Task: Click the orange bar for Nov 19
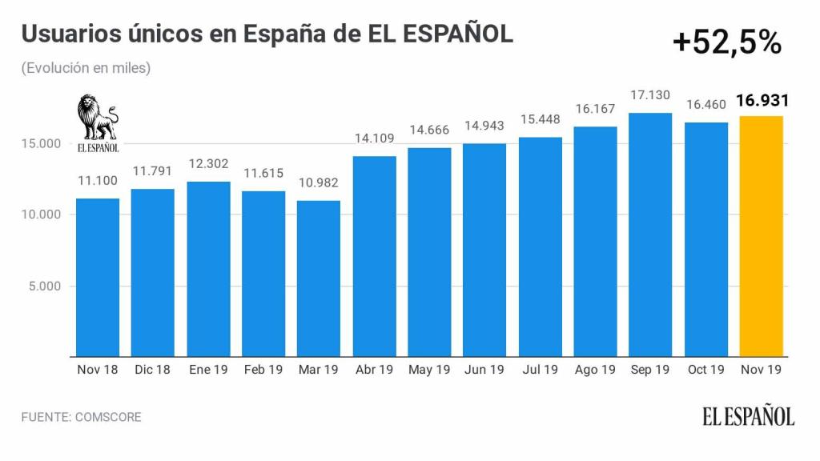(x=762, y=236)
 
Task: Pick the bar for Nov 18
(x=98, y=277)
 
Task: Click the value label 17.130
(x=650, y=94)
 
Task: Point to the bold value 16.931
(x=762, y=102)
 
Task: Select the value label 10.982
(x=319, y=182)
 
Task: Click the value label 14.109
(x=375, y=138)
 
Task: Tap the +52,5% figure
(x=727, y=43)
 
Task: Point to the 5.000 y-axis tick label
(x=44, y=286)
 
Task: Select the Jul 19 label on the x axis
(x=540, y=370)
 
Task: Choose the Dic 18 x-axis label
(x=153, y=370)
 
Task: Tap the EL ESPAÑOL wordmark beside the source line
(x=749, y=417)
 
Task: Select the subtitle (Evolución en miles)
(x=86, y=68)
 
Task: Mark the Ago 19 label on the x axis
(x=595, y=370)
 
